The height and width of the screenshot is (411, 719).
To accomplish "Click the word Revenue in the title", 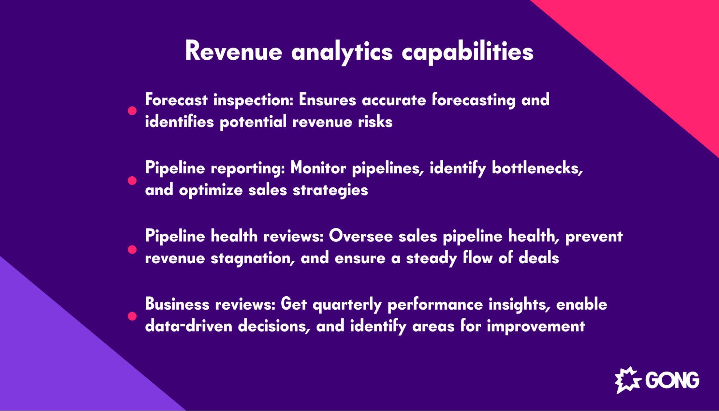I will (233, 51).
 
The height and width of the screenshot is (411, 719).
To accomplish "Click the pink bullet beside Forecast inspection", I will (132, 111).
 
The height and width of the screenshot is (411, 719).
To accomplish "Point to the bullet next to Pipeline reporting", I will (132, 180).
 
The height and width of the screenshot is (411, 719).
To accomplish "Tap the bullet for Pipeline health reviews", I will (132, 250).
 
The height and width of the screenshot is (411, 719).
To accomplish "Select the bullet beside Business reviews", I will (132, 316).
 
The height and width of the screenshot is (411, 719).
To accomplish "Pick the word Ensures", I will (327, 100).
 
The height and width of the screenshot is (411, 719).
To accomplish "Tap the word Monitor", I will (318, 168).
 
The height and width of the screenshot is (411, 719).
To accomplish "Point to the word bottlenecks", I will (537, 168).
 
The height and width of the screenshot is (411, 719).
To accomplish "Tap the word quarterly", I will (347, 305).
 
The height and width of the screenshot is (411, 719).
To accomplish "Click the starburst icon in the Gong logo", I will (628, 380).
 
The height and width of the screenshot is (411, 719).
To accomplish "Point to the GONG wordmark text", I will (672, 380).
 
